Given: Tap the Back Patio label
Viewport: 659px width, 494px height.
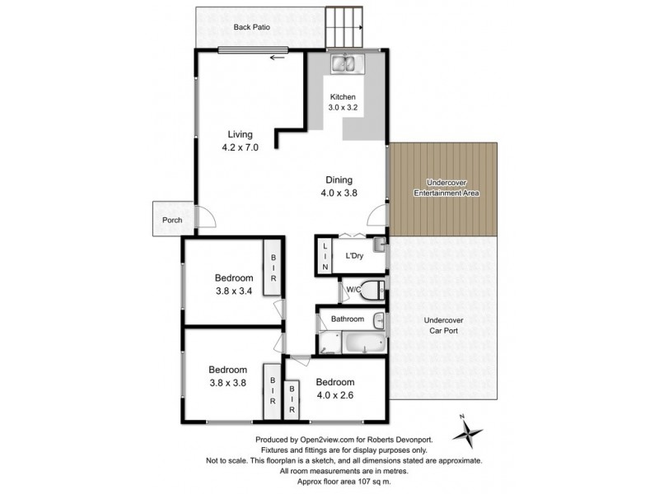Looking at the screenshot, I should [252, 27].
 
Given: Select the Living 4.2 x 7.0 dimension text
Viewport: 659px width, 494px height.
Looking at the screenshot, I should [240, 148].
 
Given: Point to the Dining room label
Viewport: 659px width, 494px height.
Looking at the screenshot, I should [339, 179].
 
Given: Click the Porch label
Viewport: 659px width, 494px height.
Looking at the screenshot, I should [172, 220].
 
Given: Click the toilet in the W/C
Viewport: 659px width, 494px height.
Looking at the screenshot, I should [372, 290].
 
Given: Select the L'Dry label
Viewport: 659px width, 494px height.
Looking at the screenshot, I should [354, 256].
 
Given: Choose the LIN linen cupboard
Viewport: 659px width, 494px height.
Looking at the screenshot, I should [325, 257].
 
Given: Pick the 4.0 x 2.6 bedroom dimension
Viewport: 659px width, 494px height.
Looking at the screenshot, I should [334, 394].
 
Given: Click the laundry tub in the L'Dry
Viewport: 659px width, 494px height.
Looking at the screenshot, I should [378, 245].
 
